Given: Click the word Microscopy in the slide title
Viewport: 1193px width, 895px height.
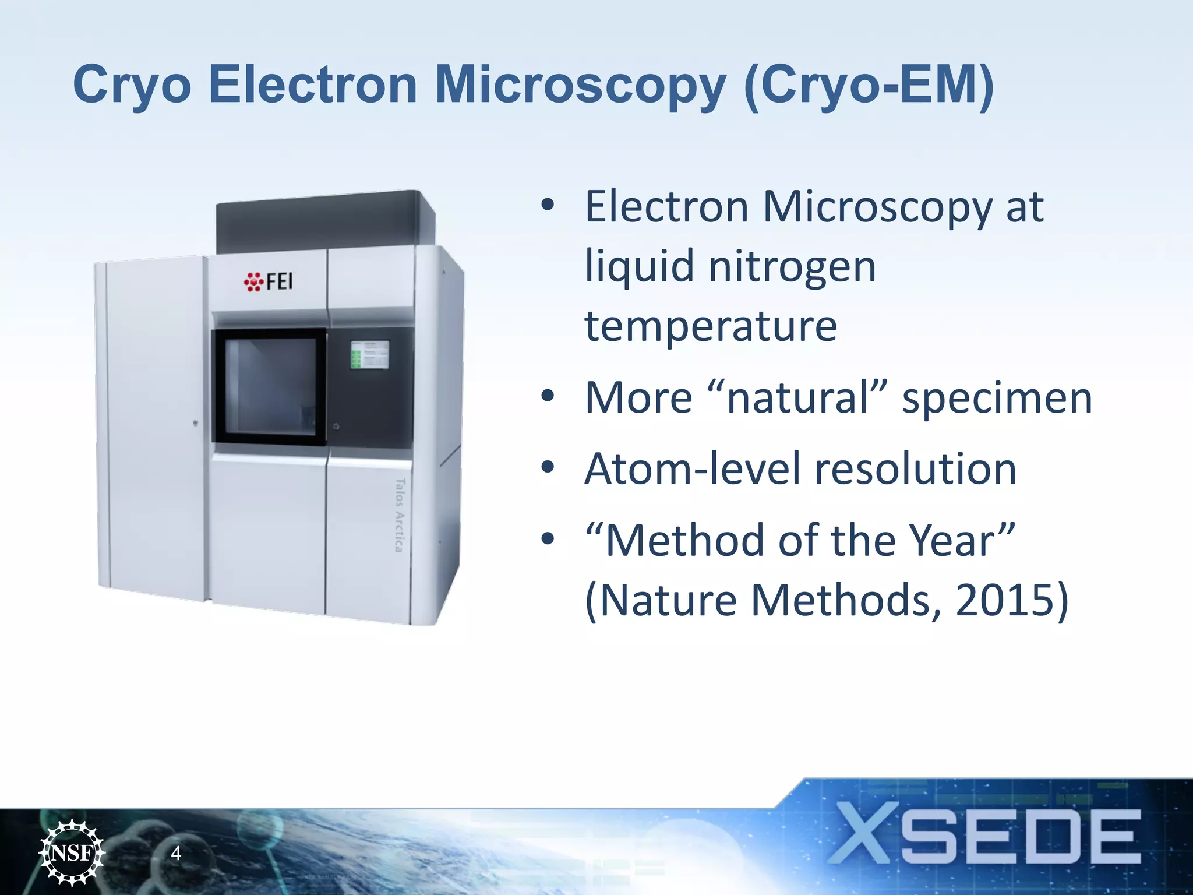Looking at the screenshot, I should pyautogui.click(x=580, y=86).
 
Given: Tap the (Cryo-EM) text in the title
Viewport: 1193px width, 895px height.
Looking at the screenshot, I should pyautogui.click(x=869, y=86).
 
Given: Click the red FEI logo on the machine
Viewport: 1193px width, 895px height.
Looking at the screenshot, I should pyautogui.click(x=269, y=281).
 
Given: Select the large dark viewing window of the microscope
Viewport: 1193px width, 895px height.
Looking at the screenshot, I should pyautogui.click(x=270, y=387).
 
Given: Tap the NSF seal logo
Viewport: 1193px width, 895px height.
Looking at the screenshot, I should pyautogui.click(x=72, y=852).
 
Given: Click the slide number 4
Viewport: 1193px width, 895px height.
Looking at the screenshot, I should pyautogui.click(x=176, y=854).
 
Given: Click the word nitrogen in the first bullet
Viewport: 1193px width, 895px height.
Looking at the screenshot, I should pyautogui.click(x=792, y=267).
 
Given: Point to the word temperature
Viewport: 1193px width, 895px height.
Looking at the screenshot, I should pyautogui.click(x=711, y=326).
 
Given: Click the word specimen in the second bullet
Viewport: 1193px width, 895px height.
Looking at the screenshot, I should pyautogui.click(x=997, y=399).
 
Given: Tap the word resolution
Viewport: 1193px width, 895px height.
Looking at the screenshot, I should pyautogui.click(x=915, y=470).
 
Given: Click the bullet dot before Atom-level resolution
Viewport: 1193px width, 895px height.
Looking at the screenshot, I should pyautogui.click(x=547, y=467).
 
